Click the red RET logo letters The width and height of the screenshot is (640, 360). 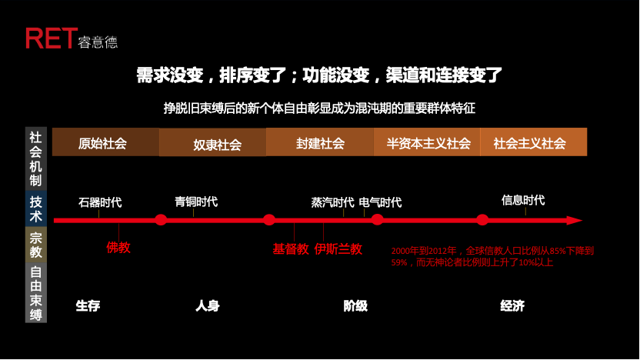(x=50, y=38)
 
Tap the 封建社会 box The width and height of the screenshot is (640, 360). (x=320, y=143)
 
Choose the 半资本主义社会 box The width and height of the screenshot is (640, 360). (x=428, y=143)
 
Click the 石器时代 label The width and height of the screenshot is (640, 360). (x=100, y=203)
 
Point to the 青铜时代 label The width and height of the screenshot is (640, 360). (x=196, y=202)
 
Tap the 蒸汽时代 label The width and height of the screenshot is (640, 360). (x=332, y=203)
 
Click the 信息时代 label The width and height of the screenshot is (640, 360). (x=523, y=201)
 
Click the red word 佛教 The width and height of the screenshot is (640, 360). (x=118, y=248)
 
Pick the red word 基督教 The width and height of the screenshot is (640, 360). (x=291, y=249)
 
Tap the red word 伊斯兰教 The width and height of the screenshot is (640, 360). (x=338, y=249)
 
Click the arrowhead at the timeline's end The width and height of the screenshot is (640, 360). (x=575, y=221)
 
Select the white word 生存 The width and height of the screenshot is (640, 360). (x=88, y=306)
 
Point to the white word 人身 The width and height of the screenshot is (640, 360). (x=208, y=306)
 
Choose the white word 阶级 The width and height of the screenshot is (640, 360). (x=355, y=306)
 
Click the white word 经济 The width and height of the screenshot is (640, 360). (x=512, y=306)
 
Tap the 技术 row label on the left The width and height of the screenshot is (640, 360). (x=36, y=209)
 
